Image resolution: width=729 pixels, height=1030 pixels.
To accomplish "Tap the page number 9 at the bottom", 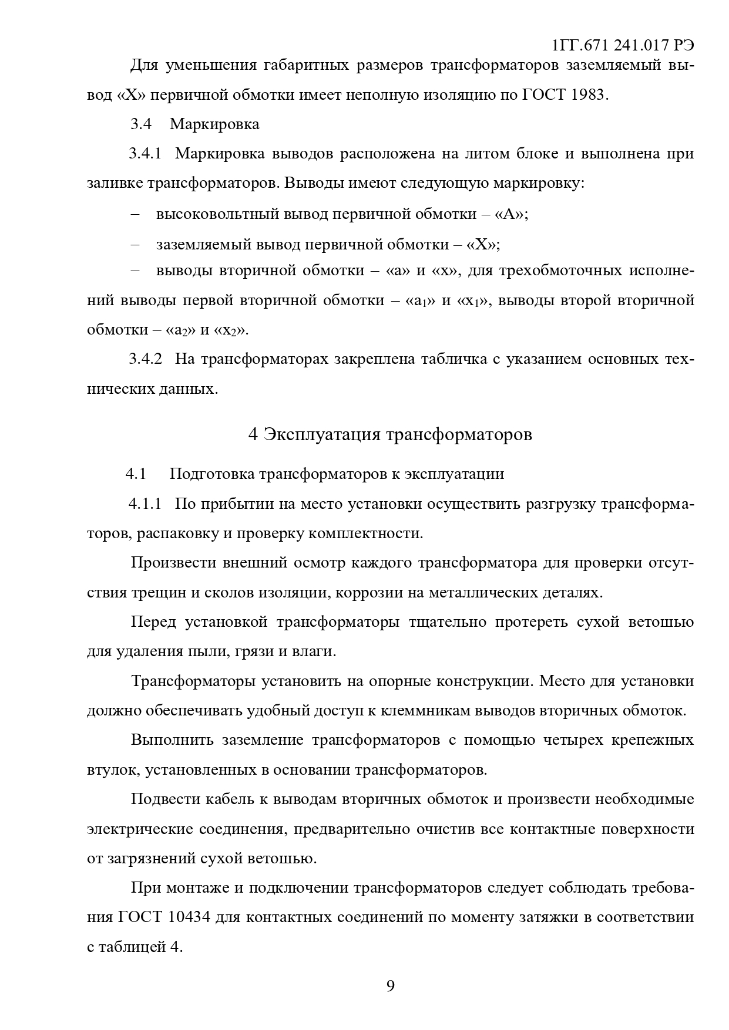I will [x=391, y=985].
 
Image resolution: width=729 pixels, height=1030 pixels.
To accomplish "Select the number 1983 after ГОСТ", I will [x=587, y=94].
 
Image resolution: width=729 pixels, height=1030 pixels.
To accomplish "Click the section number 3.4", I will [x=141, y=124].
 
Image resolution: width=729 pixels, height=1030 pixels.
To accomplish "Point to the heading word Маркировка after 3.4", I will [x=214, y=124].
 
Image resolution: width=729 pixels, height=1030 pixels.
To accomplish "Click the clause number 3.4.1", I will [x=145, y=154].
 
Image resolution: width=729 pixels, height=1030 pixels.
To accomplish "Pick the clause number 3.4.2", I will [x=145, y=359].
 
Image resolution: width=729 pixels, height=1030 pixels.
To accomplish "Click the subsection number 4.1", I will [x=135, y=474].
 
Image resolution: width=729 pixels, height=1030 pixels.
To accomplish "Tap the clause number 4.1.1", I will [x=145, y=504].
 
